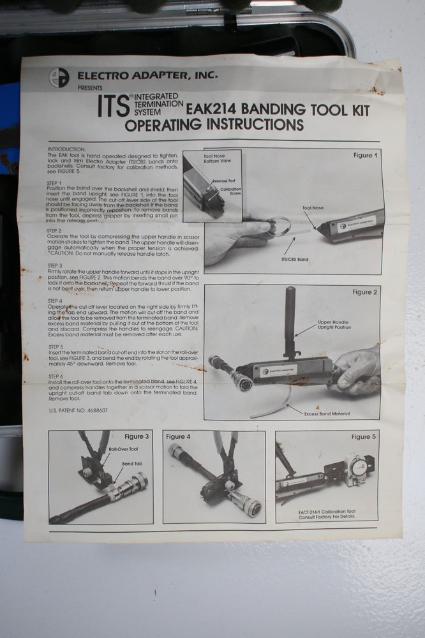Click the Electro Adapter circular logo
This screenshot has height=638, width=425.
click(x=59, y=77)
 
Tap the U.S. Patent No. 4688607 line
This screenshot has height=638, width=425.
click(x=78, y=410)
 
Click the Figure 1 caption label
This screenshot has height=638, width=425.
click(x=365, y=155)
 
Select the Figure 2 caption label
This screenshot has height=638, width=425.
click(x=365, y=292)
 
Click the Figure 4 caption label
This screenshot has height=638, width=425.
click(x=179, y=436)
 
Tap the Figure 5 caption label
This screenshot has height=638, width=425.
click(x=363, y=436)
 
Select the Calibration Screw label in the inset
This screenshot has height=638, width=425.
click(x=230, y=192)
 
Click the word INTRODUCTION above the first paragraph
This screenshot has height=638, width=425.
click(x=66, y=148)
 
